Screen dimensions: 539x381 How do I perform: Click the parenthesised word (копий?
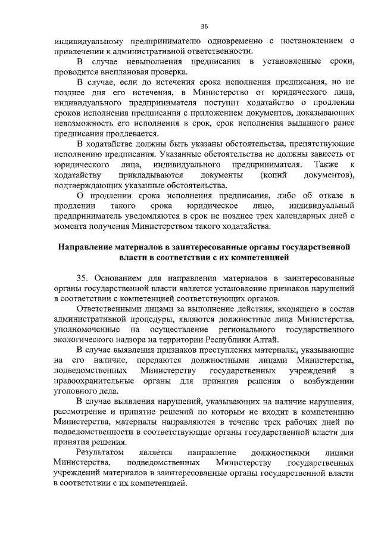[x=275, y=174]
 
